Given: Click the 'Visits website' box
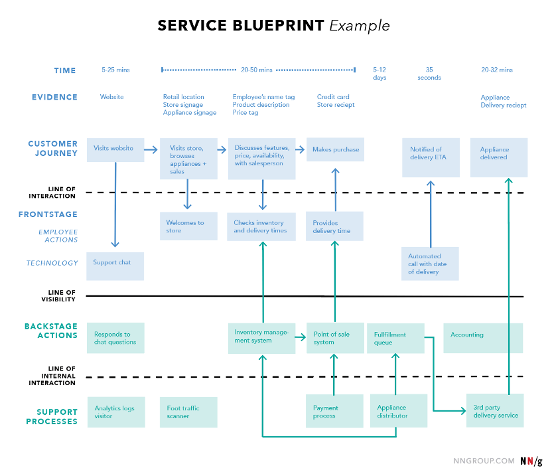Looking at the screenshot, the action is click(115, 150).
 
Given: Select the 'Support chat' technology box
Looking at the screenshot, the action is click(115, 266).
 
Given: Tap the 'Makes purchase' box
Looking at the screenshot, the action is click(335, 149).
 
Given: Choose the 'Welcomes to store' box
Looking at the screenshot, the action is click(188, 226).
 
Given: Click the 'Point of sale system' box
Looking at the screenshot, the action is click(335, 338).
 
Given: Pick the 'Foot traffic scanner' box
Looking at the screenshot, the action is click(188, 412).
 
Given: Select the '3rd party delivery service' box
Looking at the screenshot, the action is click(495, 411).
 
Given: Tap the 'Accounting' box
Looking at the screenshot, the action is click(483, 338).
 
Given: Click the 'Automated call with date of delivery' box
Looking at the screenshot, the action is click(430, 264).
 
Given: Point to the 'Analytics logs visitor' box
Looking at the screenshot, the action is click(116, 412).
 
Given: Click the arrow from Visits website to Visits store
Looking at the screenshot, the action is click(151, 150).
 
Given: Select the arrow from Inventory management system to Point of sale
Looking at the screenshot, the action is click(301, 337).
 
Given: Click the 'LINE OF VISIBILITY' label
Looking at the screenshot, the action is click(58, 296).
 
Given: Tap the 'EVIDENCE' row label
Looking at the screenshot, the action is click(54, 97).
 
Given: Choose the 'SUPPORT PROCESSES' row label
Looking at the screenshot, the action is click(52, 417).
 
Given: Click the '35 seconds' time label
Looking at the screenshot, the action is click(429, 74).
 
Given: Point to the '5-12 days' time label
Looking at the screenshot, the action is click(379, 74).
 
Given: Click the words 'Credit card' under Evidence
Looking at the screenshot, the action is click(333, 97).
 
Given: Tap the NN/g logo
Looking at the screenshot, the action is click(531, 461).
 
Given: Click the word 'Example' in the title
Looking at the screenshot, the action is click(360, 26).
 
